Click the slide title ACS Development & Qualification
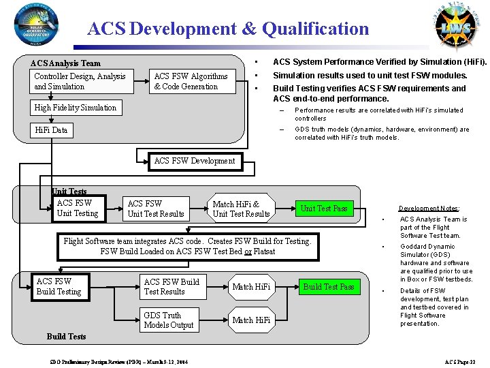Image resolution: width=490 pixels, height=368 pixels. point(228,29)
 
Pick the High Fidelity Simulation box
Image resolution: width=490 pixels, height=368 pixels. point(76,108)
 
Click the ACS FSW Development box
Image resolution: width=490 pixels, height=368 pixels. point(194,161)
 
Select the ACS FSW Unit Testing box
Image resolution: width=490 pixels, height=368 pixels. point(78,209)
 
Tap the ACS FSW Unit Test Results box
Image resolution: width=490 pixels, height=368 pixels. point(156,209)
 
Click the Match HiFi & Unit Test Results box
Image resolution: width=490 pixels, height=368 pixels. point(242,209)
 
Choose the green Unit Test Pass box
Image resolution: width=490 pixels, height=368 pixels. point(324,209)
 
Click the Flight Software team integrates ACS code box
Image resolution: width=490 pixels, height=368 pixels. point(187,247)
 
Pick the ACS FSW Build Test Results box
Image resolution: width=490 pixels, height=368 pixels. point(172,287)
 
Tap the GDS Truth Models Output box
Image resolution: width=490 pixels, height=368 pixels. point(170,320)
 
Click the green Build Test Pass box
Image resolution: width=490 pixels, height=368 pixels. point(329,287)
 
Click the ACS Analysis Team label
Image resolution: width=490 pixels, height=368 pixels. point(65,63)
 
